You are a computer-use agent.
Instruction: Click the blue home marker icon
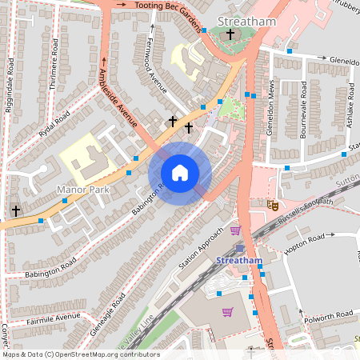(x=180, y=173)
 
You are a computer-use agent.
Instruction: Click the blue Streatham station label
(x=239, y=261)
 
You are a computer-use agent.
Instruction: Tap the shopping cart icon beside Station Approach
(x=235, y=231)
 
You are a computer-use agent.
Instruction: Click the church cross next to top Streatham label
(x=231, y=34)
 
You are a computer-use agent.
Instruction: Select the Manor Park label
(x=82, y=190)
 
